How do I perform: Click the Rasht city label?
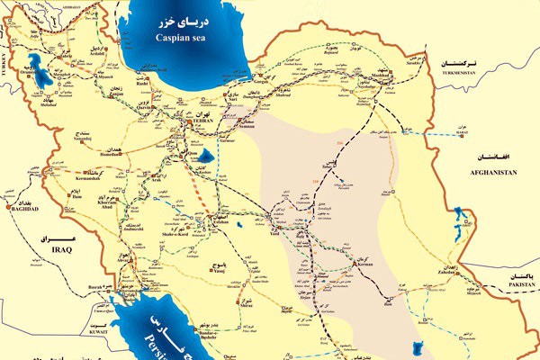click(117, 85)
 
